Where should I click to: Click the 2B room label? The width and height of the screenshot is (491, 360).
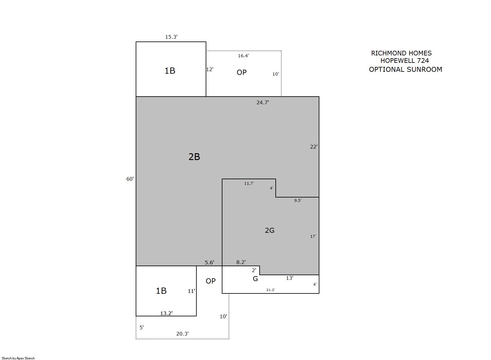194,157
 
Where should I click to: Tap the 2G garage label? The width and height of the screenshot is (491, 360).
270,230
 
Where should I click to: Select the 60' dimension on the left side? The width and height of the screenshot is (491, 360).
130,179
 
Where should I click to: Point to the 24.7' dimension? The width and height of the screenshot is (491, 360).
263,102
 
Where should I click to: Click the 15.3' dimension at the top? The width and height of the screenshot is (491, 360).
171,37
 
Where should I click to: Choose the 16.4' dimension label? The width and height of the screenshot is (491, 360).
243,56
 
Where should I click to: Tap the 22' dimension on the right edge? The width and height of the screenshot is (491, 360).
314,147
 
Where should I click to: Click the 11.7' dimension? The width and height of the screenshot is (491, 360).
249,183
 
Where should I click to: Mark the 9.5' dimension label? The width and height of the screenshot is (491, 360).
298,200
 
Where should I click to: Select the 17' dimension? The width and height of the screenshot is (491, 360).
313,236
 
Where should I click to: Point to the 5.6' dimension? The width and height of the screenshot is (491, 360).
209,262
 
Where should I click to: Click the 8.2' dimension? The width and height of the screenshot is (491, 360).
241,262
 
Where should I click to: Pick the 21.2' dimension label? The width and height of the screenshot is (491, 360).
270,290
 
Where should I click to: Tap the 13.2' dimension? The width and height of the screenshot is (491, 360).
166,313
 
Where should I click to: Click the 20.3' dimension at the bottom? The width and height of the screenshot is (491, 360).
182,333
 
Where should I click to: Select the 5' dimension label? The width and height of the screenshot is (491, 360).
142,327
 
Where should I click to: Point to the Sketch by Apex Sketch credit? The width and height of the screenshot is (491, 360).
18,358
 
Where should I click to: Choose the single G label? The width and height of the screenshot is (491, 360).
255,279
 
